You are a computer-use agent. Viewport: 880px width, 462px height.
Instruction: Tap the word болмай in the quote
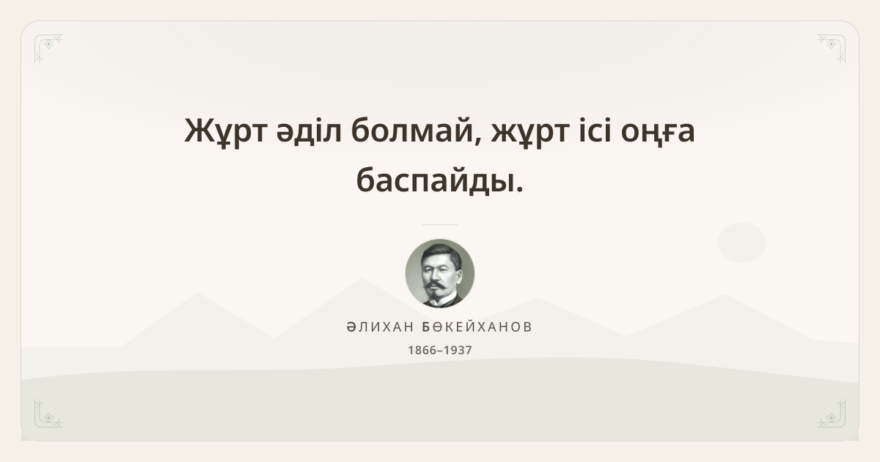pos(416,130)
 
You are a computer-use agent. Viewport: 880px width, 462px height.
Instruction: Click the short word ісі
pos(595,130)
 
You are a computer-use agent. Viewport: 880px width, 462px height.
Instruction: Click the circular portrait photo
pos(440,274)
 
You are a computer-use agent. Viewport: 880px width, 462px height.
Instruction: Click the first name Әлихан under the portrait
pos(381,327)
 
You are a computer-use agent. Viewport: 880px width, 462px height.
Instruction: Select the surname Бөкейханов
pos(477,327)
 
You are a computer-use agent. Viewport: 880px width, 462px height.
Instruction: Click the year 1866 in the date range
pos(422,350)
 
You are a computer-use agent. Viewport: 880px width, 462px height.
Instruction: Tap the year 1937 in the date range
pos(458,350)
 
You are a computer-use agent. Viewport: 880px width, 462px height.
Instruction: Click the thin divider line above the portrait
pos(440,224)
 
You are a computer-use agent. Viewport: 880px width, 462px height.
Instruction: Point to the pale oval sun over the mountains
pos(741,243)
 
